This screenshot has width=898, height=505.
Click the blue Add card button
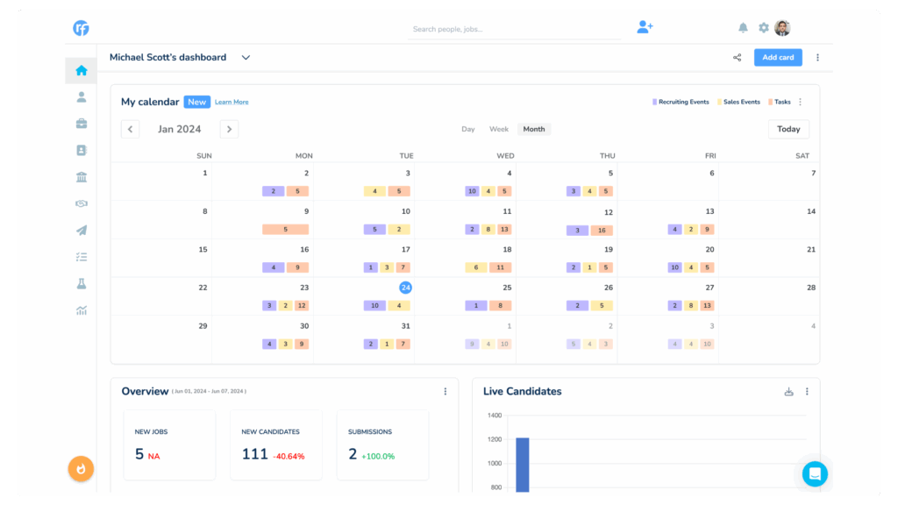pyautogui.click(x=778, y=58)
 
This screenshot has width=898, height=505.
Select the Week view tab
pyautogui.click(x=499, y=129)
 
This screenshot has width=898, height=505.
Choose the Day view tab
pyautogui.click(x=468, y=129)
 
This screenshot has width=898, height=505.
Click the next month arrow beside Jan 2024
pyautogui.click(x=229, y=129)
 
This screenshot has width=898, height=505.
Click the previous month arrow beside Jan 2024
pyautogui.click(x=130, y=129)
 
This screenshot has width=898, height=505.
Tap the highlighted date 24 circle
pyautogui.click(x=405, y=288)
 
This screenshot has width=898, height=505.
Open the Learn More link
pyautogui.click(x=232, y=103)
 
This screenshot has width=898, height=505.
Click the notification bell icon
pyautogui.click(x=743, y=28)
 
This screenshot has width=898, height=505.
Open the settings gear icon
pyautogui.click(x=763, y=28)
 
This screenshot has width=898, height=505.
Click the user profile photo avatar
pyautogui.click(x=782, y=28)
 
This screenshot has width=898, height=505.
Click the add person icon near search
pyautogui.click(x=645, y=27)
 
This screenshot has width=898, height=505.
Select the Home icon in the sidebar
pyautogui.click(x=81, y=71)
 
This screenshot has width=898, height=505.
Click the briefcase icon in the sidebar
pyautogui.click(x=81, y=124)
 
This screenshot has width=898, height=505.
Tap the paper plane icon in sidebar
pyautogui.click(x=81, y=231)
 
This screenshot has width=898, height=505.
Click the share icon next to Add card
pyautogui.click(x=737, y=58)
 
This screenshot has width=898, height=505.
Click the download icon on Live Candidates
pyautogui.click(x=788, y=392)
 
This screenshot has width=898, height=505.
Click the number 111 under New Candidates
pyautogui.click(x=254, y=454)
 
